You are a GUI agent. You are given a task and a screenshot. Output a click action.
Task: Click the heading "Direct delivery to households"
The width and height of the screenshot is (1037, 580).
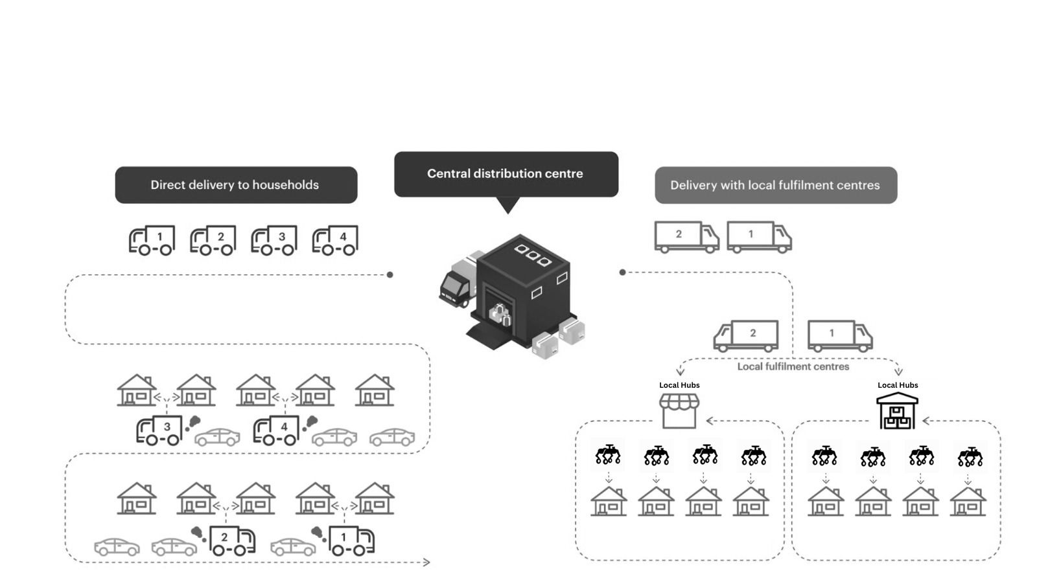point(235,185)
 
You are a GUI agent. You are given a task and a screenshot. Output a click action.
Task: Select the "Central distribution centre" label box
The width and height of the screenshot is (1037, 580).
point(506,173)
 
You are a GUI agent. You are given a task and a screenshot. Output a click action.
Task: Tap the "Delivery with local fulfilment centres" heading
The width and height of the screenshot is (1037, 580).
point(775,185)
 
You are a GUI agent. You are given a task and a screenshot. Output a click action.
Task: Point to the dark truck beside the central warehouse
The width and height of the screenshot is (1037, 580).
point(456,287)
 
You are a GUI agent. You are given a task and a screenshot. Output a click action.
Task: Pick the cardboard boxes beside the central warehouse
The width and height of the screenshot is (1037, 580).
point(558,338)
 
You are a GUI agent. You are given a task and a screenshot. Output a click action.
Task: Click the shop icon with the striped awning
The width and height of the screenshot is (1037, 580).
point(679,410)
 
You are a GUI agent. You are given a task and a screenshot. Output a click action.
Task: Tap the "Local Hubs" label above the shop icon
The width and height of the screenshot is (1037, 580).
point(679,385)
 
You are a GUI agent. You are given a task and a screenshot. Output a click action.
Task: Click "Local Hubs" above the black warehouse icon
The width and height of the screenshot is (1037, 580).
point(898,385)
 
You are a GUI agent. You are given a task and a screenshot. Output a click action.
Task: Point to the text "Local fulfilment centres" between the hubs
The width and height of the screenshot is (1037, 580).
point(793,366)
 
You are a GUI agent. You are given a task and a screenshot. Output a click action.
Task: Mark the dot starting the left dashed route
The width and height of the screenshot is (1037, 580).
point(390,274)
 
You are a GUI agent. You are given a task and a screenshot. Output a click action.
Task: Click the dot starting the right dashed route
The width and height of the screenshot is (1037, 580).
point(622,272)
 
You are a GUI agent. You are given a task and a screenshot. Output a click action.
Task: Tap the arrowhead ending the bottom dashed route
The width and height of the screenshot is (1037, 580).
point(426,563)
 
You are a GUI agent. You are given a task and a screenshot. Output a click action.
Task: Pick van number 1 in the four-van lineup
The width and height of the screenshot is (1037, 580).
point(152,240)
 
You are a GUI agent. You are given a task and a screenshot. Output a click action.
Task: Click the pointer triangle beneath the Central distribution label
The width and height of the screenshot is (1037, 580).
point(509,205)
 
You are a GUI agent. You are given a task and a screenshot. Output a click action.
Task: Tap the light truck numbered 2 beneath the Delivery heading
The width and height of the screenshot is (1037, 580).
point(686,236)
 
